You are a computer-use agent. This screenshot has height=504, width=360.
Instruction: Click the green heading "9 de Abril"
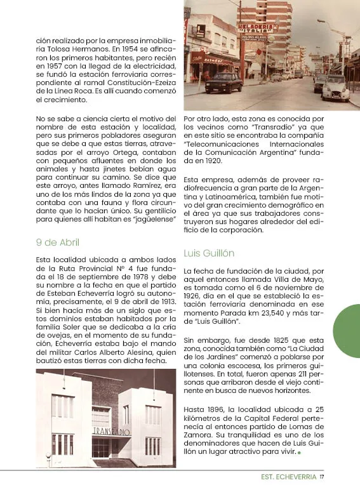click(x=58, y=242)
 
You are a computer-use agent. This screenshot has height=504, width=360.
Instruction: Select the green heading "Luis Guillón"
click(x=209, y=253)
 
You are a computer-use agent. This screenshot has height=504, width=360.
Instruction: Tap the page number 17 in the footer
click(x=322, y=477)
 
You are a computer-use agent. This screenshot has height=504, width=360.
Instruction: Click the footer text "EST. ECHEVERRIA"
click(x=288, y=477)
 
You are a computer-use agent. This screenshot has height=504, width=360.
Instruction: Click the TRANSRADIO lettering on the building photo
click(x=111, y=431)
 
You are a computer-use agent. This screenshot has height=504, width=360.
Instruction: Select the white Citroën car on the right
click(x=335, y=89)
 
